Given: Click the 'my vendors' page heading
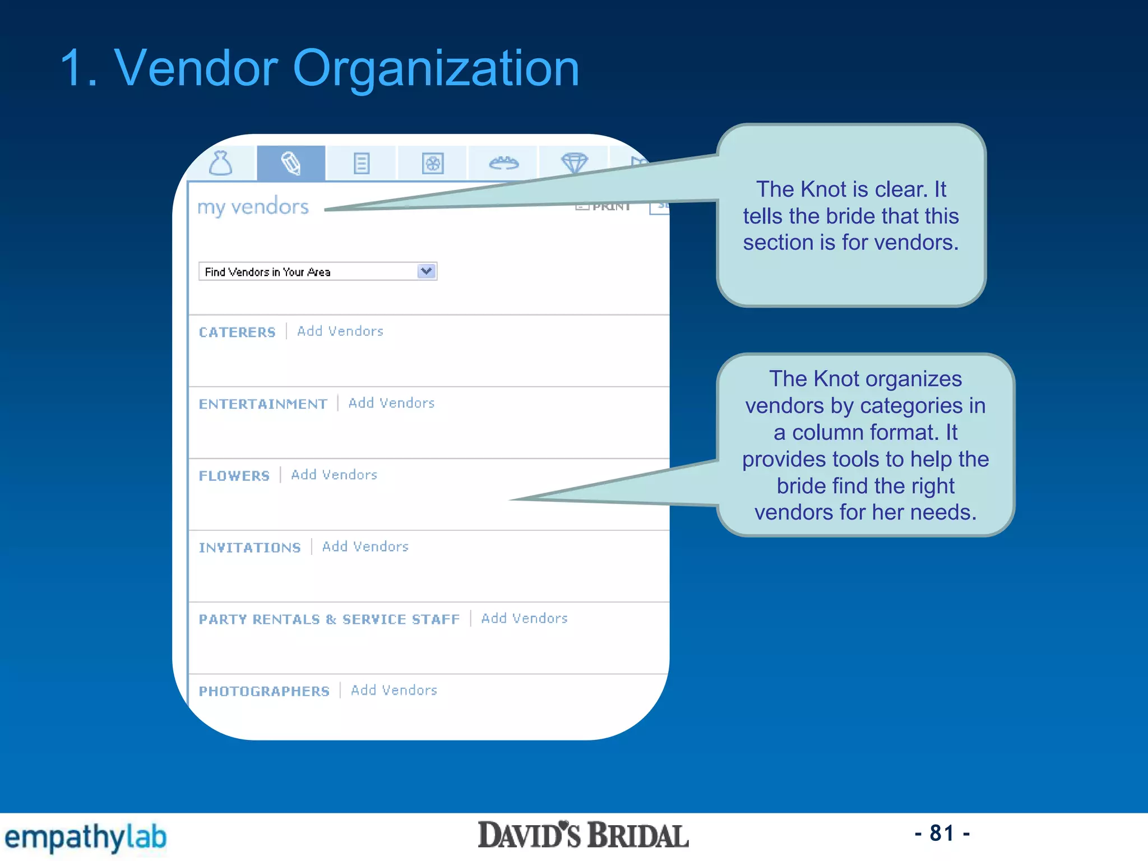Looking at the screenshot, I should tap(253, 207).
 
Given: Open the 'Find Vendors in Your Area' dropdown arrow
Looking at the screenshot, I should tap(427, 271).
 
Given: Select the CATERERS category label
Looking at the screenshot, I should tap(237, 332).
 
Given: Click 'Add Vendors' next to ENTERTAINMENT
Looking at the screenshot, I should tap(391, 403).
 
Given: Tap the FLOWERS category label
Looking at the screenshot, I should tap(234, 476).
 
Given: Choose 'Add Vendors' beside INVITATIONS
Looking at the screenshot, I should tap(365, 547).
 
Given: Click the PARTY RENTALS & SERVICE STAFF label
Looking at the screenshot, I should tap(329, 619).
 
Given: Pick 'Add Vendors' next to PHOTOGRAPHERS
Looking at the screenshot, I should tap(394, 690).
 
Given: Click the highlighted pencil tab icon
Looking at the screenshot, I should tap(291, 164).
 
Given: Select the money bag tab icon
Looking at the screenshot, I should tap(220, 164).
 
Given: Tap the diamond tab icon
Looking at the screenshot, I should tap(574, 163).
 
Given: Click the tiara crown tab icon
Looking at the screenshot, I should tap(503, 163).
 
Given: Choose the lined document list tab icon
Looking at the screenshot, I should tap(362, 164).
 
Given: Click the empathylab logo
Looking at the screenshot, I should tap(86, 837).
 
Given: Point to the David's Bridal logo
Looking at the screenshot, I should tap(583, 836).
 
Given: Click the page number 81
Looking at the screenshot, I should tap(942, 834).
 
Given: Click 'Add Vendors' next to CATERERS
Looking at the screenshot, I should tap(340, 331).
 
